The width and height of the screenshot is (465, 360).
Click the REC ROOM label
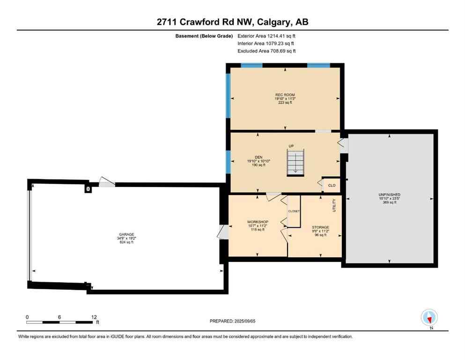click(285, 95)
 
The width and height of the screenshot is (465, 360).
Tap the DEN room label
click(258, 157)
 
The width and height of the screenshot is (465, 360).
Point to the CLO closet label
click(332, 186)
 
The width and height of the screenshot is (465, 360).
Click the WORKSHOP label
click(258, 222)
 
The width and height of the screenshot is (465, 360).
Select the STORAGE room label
click(321, 227)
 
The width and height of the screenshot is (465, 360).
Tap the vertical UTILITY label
click(334, 205)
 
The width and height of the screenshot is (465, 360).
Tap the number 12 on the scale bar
click(93, 317)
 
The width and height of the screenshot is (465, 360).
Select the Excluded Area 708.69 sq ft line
click(266, 51)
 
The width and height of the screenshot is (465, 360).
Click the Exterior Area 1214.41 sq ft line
click(266, 36)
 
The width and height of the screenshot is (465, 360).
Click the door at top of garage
click(107, 183)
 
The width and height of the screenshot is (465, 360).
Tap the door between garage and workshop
click(223, 232)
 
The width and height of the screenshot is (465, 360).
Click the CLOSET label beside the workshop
click(294, 211)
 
